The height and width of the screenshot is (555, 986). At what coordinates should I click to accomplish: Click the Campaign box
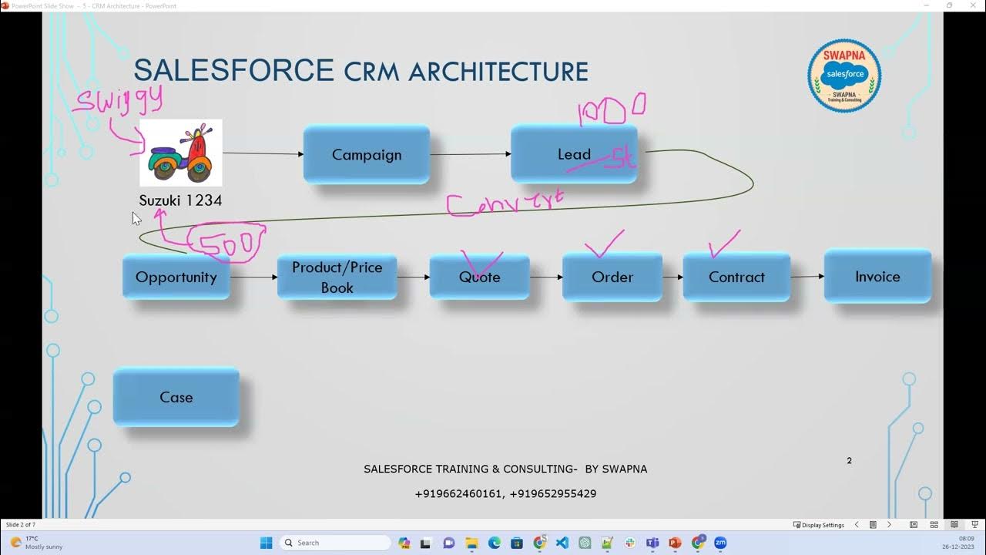[367, 155]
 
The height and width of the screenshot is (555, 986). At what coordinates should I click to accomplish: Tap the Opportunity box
[176, 277]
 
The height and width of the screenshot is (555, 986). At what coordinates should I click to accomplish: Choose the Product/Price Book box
[337, 277]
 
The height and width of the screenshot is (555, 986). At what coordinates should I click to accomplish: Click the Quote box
[479, 277]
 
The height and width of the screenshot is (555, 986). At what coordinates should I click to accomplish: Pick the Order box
[612, 277]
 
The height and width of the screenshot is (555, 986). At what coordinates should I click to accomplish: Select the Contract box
[736, 277]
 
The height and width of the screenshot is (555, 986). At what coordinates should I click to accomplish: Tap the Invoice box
[877, 277]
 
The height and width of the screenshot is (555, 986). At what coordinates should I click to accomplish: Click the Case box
[176, 398]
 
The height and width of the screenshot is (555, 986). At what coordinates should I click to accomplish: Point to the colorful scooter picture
[181, 153]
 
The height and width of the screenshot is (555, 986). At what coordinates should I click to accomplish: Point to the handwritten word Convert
[505, 203]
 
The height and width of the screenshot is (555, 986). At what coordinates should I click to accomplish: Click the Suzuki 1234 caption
[180, 200]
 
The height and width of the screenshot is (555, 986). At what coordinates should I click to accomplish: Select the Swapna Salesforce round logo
[844, 76]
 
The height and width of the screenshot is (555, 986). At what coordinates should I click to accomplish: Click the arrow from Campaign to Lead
[470, 154]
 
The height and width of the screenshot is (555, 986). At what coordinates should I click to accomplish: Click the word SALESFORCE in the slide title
[233, 71]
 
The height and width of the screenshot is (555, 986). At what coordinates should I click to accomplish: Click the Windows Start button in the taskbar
[266, 543]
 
